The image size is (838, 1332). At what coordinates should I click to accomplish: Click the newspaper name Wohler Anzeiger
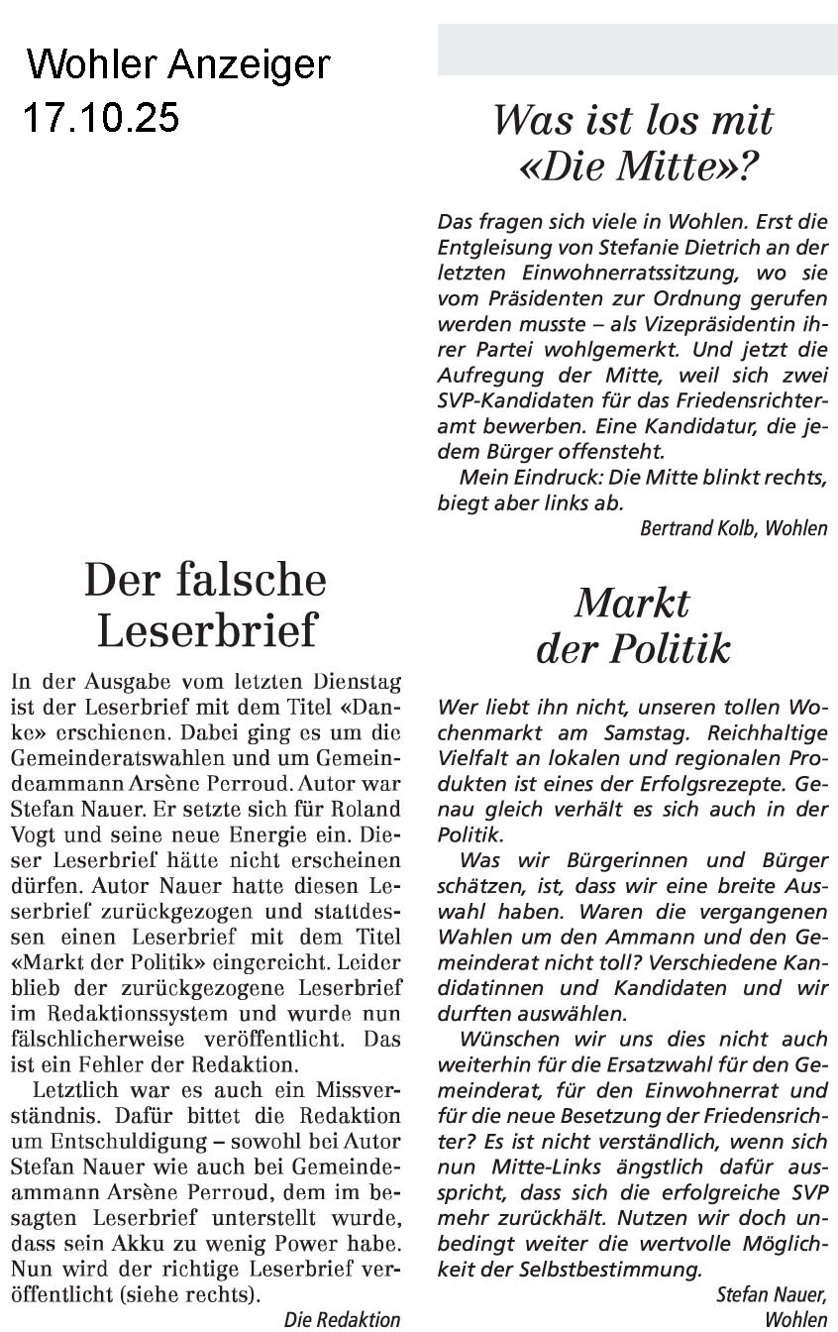point(178,65)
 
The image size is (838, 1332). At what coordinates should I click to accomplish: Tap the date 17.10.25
point(101,118)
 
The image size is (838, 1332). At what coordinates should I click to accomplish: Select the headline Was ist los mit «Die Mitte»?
point(633,145)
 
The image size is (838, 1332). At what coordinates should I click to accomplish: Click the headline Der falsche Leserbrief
point(205,604)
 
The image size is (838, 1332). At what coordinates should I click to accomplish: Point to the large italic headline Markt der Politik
point(633,625)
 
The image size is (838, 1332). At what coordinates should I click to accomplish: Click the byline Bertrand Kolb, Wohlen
point(733,528)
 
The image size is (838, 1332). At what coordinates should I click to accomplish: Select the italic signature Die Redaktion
point(342,1319)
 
